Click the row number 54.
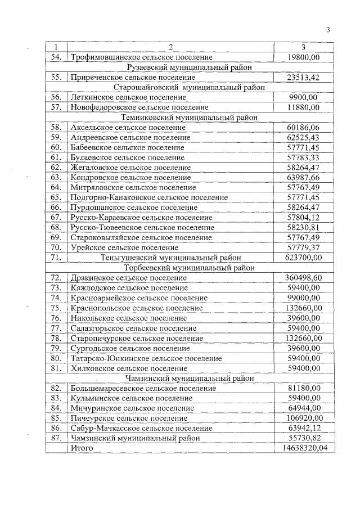coord(56,57)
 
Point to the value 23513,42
coord(303,77)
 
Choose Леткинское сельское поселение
coord(132,97)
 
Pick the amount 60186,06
coord(303,128)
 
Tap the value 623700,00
coord(303,258)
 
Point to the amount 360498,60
coord(303,278)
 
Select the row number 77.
coord(56,328)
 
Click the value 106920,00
coord(303,418)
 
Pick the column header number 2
coord(169,47)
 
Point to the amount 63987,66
coord(303,178)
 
